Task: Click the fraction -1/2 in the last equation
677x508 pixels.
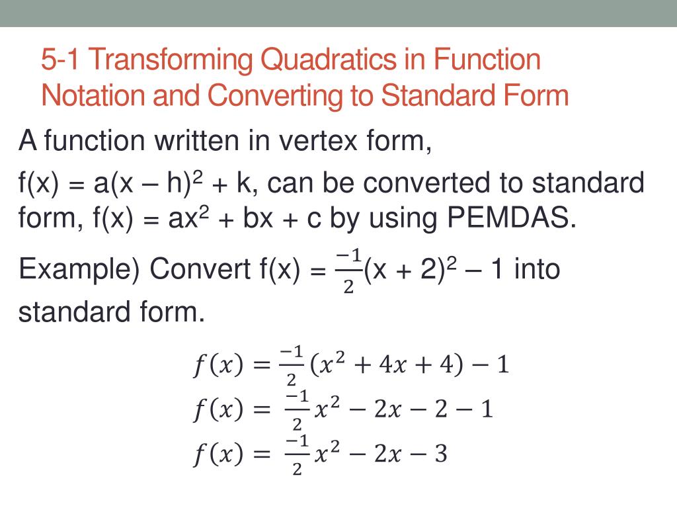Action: (297, 455)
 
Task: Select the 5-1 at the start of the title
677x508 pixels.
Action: (61, 61)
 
